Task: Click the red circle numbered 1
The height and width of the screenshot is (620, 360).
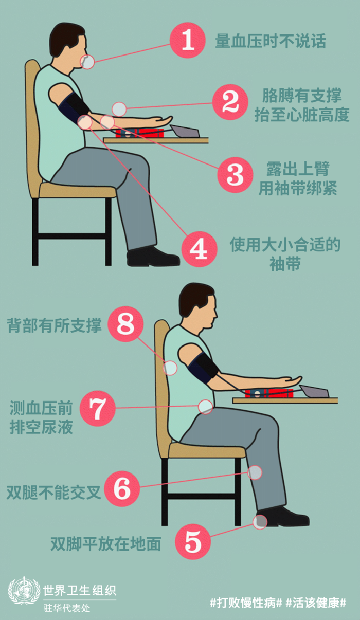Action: coord(188,41)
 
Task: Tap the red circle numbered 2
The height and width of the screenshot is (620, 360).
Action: coord(230,102)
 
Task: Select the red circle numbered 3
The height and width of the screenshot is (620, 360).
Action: coord(235,175)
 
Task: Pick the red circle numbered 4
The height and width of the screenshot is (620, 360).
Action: coord(199,249)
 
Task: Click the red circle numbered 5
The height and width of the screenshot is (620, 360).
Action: coord(193,542)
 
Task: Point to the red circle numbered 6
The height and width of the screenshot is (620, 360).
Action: coord(122,489)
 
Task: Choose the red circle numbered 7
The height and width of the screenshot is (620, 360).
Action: coord(98,408)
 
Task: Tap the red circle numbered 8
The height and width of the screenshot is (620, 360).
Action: coord(125,324)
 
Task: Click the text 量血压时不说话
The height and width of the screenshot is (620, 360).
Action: coord(271,41)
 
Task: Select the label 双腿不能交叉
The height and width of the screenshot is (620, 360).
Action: coord(53,492)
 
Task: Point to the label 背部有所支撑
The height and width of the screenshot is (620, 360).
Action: coord(55,325)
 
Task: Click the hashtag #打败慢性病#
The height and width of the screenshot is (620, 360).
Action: coord(246,602)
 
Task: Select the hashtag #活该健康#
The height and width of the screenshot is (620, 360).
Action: coord(316,602)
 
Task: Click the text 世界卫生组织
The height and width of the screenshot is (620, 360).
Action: coord(80,590)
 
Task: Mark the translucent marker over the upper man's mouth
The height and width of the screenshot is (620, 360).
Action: coord(87,62)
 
